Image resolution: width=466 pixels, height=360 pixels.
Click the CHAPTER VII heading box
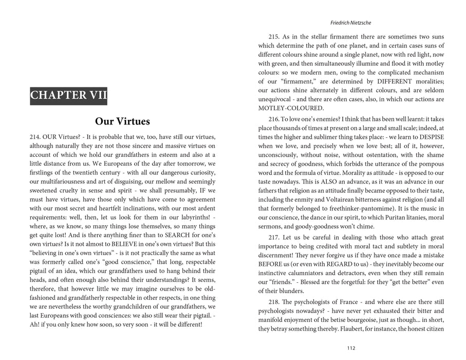(69, 95)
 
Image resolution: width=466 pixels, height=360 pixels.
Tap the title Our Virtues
(122, 122)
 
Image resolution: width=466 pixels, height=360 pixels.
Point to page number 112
(351, 348)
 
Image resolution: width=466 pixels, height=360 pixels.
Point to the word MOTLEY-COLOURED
(291, 108)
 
